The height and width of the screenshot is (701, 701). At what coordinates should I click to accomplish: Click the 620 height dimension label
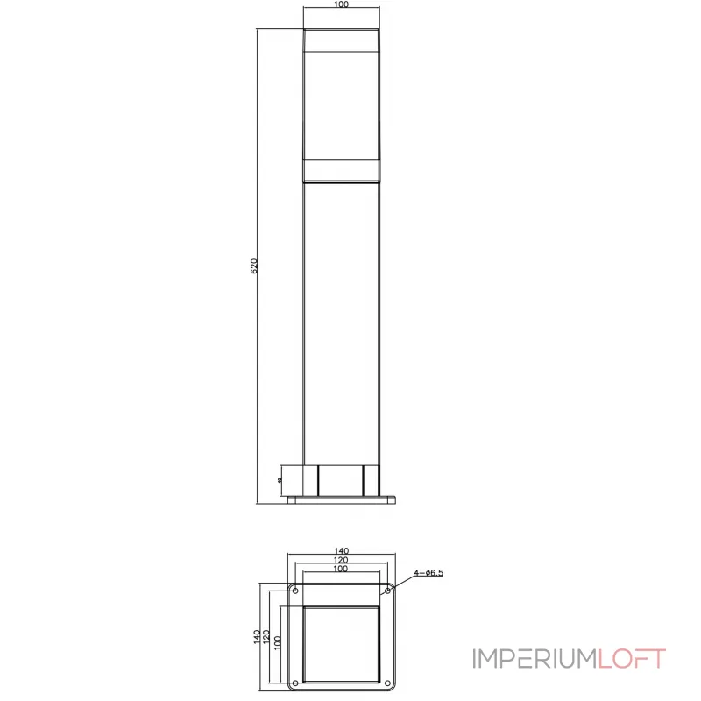click(x=254, y=266)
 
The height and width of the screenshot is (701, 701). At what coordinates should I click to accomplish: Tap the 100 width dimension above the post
click(x=342, y=5)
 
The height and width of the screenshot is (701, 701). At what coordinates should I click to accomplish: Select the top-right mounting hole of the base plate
click(x=387, y=590)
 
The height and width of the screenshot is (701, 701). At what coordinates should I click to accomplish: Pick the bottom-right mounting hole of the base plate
click(x=387, y=683)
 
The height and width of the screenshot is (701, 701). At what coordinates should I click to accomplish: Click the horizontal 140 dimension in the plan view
click(x=342, y=551)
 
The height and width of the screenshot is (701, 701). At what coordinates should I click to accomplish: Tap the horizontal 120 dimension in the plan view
click(x=342, y=560)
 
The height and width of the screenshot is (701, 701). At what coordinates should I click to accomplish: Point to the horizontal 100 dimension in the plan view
click(x=342, y=570)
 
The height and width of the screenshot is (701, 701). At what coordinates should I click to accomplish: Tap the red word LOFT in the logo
click(x=632, y=659)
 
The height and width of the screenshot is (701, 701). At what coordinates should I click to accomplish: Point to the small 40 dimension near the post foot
click(x=278, y=480)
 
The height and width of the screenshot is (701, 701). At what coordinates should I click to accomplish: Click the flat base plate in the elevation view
click(x=342, y=499)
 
